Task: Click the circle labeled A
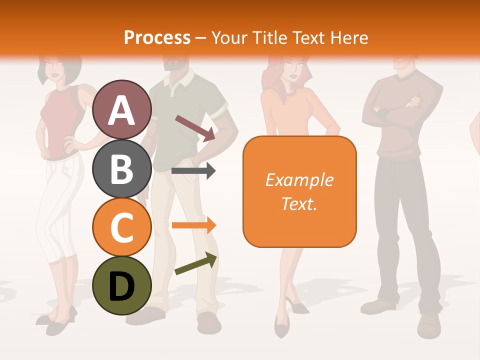click(121, 109)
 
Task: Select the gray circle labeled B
click(121, 168)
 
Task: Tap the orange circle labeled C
click(121, 227)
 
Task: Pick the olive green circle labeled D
click(121, 285)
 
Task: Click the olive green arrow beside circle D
click(195, 264)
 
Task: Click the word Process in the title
click(157, 37)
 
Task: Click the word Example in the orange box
click(299, 180)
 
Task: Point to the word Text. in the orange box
click(299, 203)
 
